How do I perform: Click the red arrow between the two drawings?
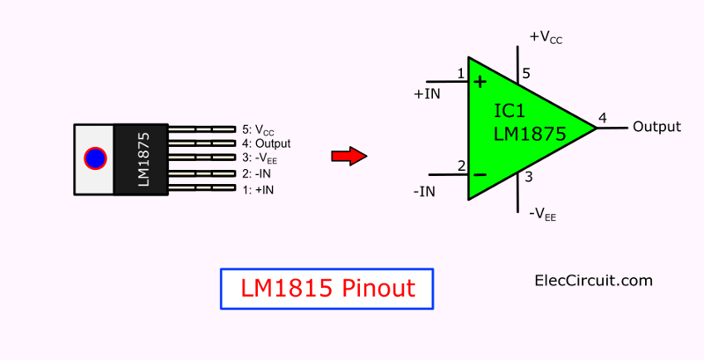[x=349, y=156]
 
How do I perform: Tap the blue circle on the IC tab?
[x=95, y=158]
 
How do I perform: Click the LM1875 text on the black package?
[x=143, y=159]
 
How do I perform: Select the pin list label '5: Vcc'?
[x=258, y=130]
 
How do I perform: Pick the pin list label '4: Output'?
[x=267, y=143]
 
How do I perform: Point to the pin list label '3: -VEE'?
[x=260, y=158]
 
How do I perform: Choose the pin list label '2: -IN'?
[x=257, y=173]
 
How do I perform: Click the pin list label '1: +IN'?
[x=258, y=190]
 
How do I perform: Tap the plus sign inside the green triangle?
[x=480, y=82]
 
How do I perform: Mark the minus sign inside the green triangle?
[x=480, y=174]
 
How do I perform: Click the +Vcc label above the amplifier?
[x=546, y=38]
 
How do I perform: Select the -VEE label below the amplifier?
[x=542, y=215]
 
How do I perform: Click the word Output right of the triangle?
[x=656, y=127]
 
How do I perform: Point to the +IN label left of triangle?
[x=427, y=94]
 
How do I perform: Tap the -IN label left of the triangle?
[x=424, y=192]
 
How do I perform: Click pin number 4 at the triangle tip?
[x=603, y=118]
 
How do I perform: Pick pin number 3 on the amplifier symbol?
[x=529, y=177]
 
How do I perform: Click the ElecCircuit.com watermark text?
[x=593, y=281]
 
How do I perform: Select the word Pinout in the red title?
[x=378, y=288]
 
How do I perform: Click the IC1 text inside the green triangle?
[x=510, y=111]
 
